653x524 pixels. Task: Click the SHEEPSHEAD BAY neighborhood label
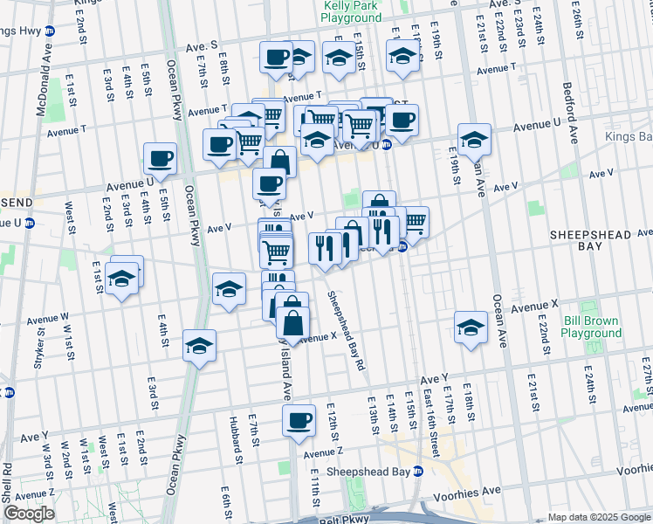pyautogui.click(x=584, y=244)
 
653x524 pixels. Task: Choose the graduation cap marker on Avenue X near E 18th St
pyautogui.click(x=471, y=327)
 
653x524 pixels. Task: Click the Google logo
pyautogui.click(x=28, y=514)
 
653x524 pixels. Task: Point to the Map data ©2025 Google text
pyautogui.click(x=598, y=517)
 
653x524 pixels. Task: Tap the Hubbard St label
pyautogui.click(x=236, y=437)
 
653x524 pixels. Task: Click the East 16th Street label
pyautogui.click(x=431, y=411)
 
